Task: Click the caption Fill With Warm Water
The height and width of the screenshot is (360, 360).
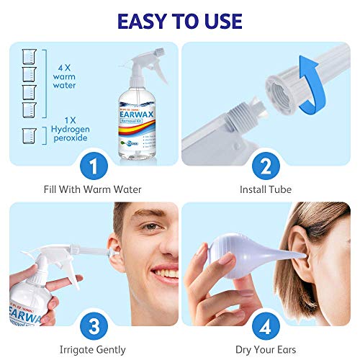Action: [x=91, y=190]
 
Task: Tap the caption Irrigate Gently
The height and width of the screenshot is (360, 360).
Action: [x=91, y=348]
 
